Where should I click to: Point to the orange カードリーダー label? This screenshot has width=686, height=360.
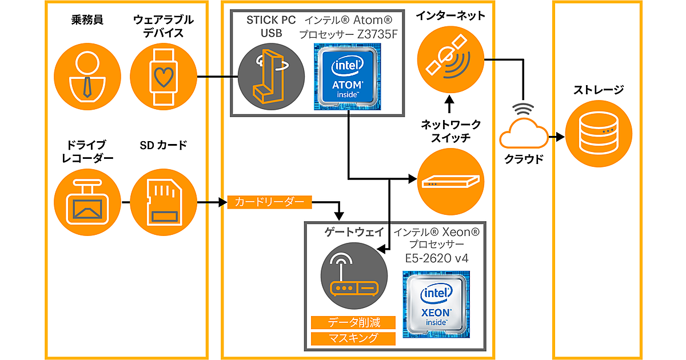(269, 202)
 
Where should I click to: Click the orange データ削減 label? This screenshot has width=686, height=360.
(353, 322)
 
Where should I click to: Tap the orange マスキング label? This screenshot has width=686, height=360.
(353, 338)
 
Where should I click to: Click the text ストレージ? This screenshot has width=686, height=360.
(599, 90)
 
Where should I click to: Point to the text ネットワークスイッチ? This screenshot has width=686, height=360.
(450, 131)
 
